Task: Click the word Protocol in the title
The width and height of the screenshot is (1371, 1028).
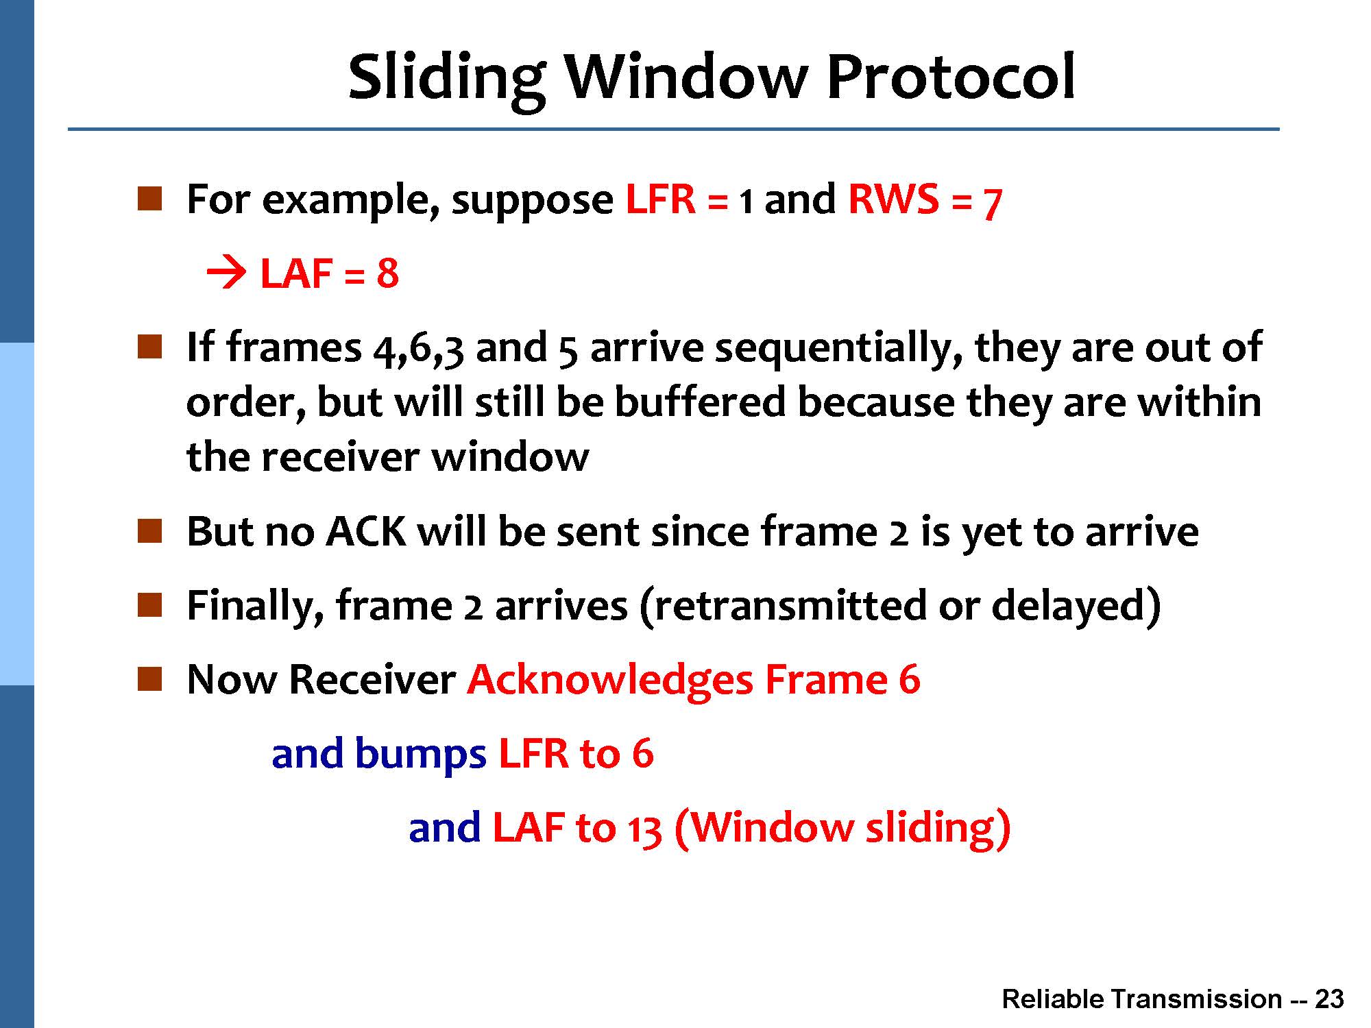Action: coord(951,77)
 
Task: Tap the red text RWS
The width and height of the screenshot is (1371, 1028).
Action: coord(894,199)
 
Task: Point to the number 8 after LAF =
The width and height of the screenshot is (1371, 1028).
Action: coord(387,273)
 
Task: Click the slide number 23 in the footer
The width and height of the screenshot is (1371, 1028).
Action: coord(1329,999)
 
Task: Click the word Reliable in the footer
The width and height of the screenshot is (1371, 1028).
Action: coord(1053,999)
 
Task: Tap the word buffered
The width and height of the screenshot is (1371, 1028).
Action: coord(700,402)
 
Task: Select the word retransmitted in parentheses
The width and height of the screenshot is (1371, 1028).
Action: coord(790,606)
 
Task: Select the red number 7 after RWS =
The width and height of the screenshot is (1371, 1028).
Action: coord(992,203)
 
